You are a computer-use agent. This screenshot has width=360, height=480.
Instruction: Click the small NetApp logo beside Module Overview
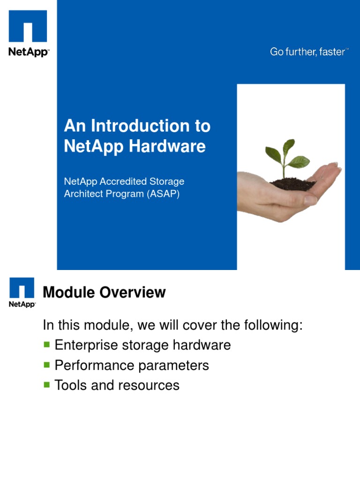[x=22, y=292]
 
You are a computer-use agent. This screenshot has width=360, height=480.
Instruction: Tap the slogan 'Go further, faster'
[x=308, y=52]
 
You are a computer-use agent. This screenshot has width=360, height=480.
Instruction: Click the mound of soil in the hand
[x=292, y=184]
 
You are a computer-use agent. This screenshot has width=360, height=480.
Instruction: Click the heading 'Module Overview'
[x=104, y=292]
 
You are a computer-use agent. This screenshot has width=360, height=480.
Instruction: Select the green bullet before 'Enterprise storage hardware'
[x=46, y=345]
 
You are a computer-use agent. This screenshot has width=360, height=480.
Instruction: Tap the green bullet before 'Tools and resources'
[x=46, y=384]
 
